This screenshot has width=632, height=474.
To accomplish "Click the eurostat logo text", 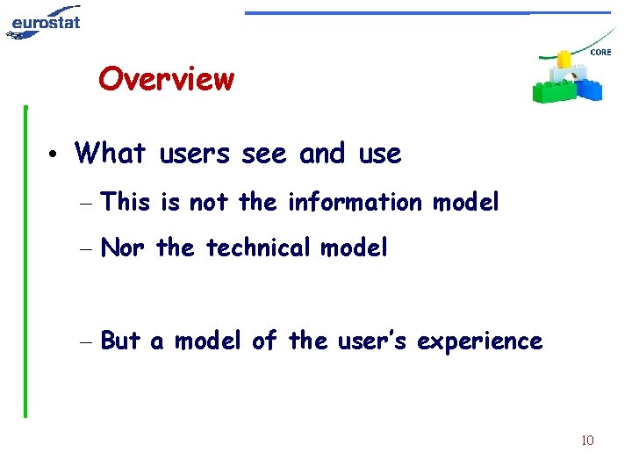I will (46, 18).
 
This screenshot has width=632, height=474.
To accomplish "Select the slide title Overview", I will (166, 79).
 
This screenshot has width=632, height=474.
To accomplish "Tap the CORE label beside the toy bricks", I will (600, 53).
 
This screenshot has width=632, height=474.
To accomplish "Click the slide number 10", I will (587, 440).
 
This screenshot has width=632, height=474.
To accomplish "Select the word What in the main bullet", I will (110, 154).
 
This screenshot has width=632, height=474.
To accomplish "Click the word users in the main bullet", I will (196, 154).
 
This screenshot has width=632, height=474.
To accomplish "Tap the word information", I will (355, 202).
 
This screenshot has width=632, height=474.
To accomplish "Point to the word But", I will (122, 341).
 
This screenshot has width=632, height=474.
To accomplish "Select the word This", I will (126, 202).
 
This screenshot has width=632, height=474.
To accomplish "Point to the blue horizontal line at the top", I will (427, 13).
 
